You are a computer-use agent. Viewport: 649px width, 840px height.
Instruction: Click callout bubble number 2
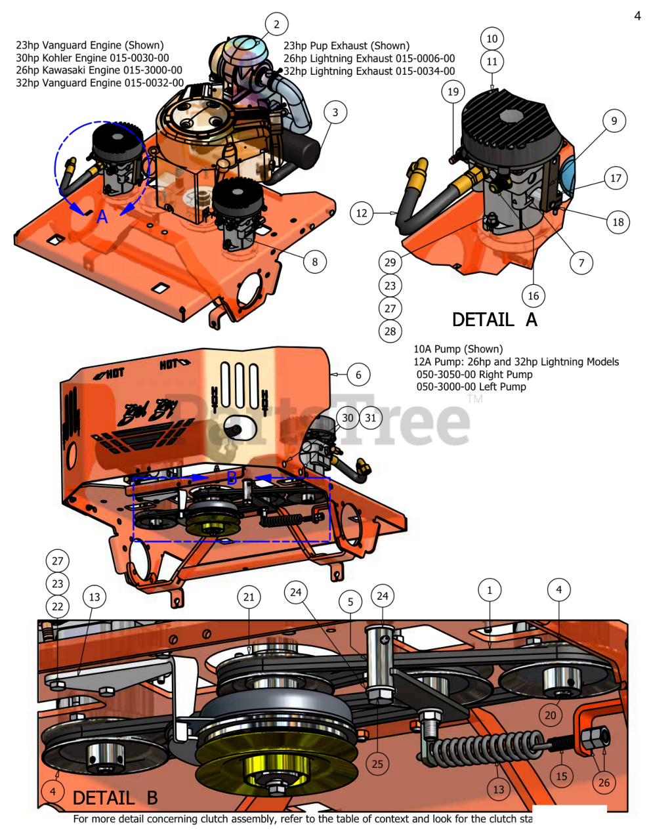276,24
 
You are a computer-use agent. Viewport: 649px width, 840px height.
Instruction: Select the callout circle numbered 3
335,112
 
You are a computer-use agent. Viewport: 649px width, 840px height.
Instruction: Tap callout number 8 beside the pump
314,262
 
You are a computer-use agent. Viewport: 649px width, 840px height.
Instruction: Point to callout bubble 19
453,92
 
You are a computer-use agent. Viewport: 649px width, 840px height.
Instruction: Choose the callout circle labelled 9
614,121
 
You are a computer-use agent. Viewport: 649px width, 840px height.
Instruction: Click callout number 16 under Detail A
534,296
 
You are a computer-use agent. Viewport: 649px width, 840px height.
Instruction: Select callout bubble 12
362,213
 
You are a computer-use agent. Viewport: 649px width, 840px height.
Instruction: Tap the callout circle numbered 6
358,375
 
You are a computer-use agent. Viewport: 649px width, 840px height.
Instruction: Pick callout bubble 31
371,418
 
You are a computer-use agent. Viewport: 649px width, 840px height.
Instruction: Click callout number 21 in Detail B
249,597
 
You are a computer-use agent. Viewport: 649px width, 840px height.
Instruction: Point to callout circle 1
489,590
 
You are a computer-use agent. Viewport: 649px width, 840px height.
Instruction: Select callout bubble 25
377,763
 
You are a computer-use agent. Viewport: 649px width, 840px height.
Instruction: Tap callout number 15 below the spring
561,776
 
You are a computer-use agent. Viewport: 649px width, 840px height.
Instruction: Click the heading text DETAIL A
494,320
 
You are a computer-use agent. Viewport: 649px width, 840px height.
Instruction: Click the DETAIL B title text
115,798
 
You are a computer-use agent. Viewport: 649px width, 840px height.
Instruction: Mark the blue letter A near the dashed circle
102,217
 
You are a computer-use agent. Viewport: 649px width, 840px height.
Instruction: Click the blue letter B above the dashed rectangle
232,478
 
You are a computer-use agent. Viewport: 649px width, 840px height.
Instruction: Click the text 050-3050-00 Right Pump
474,374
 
